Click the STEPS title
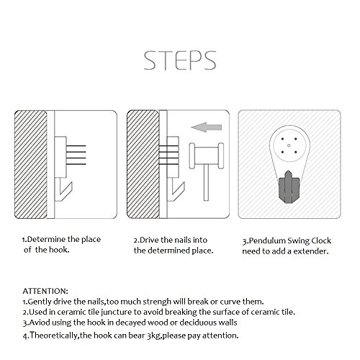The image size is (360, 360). tap(180, 60)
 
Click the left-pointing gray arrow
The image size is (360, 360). tap(207, 127)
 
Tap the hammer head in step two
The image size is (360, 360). tap(207, 156)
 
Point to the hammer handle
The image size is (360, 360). tap(206, 183)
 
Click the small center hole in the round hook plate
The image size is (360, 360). tap(289, 145)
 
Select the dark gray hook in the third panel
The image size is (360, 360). tap(289, 188)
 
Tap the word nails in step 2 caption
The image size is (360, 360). tap(183, 240)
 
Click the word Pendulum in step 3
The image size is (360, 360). tap(267, 240)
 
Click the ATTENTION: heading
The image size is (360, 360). tap(45, 291)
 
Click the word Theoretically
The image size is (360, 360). tap(54, 336)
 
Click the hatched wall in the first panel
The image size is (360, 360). tap(31, 164)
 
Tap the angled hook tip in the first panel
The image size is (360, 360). tap(71, 184)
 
